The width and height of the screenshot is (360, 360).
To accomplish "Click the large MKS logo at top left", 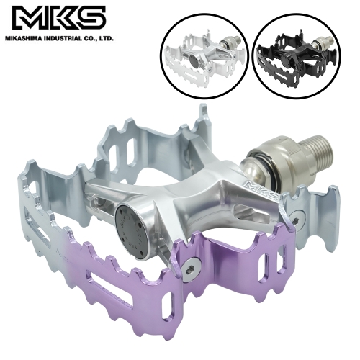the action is pos(58,19).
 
